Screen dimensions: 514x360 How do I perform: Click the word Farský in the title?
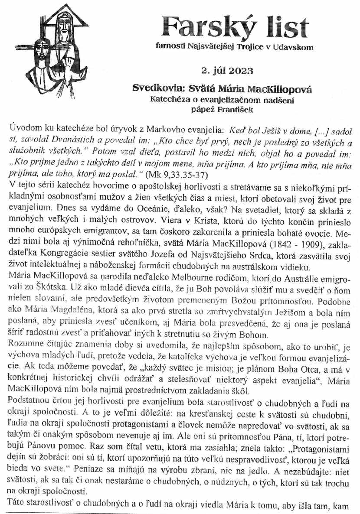(x=205, y=27)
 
